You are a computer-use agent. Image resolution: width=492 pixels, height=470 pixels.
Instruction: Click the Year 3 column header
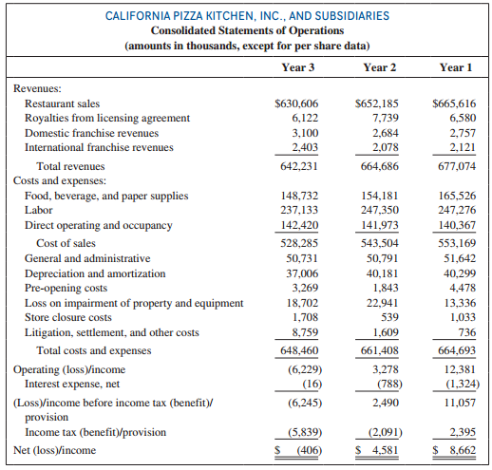click(x=298, y=67)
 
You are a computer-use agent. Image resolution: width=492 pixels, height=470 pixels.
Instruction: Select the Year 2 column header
click(x=379, y=67)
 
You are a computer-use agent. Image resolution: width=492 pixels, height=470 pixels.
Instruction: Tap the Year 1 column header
click(x=456, y=67)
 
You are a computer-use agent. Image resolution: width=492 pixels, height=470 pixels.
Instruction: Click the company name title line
click(x=247, y=16)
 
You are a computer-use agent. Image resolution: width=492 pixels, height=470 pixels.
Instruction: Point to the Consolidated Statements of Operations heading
click(x=247, y=30)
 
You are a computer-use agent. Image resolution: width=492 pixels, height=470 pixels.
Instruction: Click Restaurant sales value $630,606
click(x=296, y=103)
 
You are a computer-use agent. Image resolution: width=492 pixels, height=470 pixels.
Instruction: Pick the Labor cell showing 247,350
click(x=380, y=210)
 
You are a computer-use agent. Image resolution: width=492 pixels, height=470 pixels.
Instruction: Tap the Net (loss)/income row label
click(x=54, y=450)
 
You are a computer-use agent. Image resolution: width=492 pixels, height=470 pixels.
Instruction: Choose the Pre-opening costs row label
click(x=66, y=288)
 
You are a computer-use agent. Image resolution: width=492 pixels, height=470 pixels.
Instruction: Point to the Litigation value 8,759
click(x=305, y=332)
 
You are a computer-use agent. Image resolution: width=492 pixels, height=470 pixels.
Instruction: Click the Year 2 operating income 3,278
click(x=386, y=369)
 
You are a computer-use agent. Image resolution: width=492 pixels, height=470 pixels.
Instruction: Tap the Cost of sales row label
click(x=66, y=243)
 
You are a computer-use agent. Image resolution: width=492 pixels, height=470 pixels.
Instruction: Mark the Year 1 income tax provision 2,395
click(x=463, y=432)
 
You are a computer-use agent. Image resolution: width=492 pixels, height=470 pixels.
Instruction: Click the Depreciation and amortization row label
click(x=95, y=273)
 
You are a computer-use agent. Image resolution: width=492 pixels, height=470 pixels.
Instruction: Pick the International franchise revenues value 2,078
click(x=386, y=147)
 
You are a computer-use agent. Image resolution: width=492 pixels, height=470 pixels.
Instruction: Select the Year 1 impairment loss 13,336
click(x=460, y=303)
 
